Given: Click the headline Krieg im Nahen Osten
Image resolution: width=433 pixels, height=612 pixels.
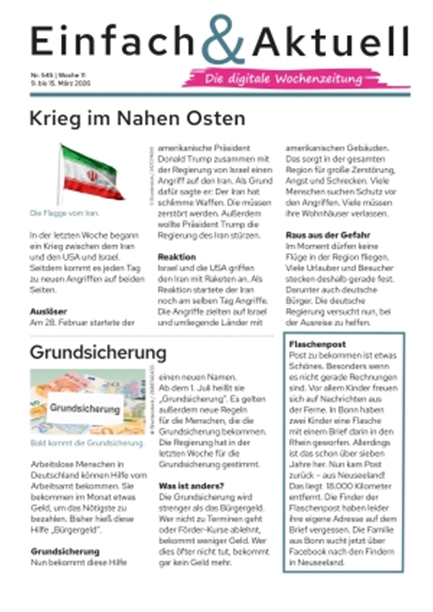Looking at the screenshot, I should (137, 119).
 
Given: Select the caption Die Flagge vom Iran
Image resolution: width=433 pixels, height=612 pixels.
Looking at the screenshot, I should (64, 213).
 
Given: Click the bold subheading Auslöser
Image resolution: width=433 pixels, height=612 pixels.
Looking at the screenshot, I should (48, 312).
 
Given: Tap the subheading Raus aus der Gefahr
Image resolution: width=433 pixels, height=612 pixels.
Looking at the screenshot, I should (327, 235).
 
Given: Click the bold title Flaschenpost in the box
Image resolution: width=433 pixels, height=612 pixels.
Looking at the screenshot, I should (317, 344).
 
